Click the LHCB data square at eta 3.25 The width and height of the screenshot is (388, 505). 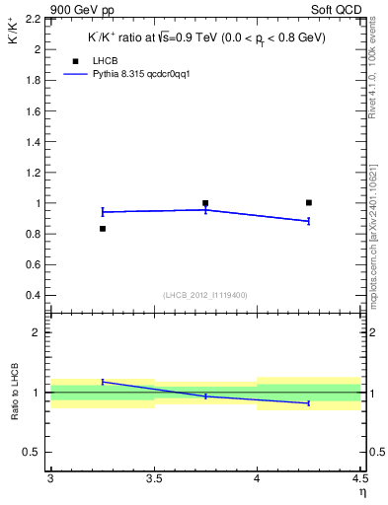pos(103,229)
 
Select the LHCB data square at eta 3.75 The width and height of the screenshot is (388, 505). pos(205,203)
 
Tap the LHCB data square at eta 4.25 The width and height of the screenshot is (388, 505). pos(309,202)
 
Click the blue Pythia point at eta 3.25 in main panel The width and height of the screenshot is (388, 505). pos(103,211)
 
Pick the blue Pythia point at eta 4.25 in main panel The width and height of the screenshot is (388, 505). pos(309,221)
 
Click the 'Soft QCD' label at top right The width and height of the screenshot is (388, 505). pos(341,9)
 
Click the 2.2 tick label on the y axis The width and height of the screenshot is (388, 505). pos(35,19)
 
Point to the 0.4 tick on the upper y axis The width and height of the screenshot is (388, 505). pos(35,295)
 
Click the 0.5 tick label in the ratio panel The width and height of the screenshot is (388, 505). pos(35,452)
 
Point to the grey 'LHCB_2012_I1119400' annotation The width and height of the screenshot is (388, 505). pos(204,295)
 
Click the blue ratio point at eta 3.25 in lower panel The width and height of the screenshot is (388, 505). pos(103,381)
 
